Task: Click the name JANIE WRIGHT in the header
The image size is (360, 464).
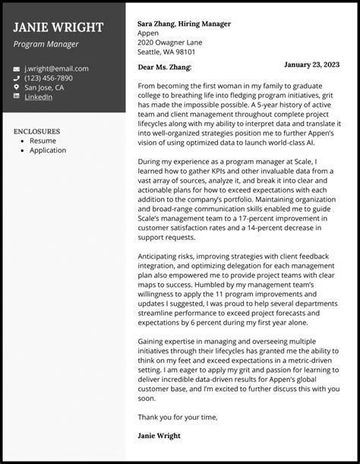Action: (58, 27)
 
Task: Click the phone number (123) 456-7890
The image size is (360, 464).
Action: (49, 77)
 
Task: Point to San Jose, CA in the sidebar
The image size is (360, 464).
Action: (44, 87)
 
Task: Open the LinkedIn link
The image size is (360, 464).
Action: (38, 97)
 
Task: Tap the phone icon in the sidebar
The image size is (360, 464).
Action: (17, 77)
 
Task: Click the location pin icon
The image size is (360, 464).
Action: (17, 87)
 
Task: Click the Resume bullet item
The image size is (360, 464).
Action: (43, 141)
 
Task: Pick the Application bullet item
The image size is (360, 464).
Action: (48, 150)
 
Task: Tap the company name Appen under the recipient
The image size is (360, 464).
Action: (149, 33)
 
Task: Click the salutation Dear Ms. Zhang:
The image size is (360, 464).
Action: (164, 67)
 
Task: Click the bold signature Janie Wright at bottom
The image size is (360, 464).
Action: (159, 436)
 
